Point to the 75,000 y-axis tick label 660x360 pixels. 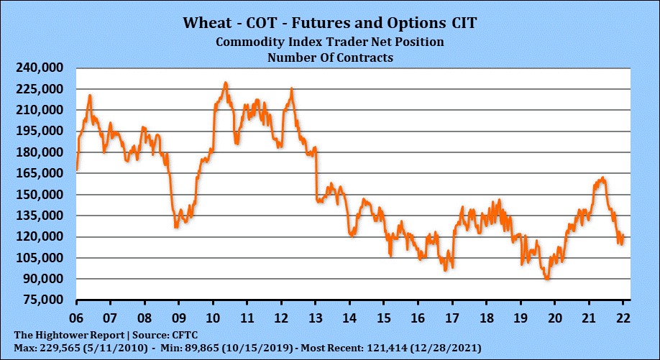pyautogui.click(x=42, y=300)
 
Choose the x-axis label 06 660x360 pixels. pyautogui.click(x=76, y=317)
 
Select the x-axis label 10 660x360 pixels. pyautogui.click(x=213, y=317)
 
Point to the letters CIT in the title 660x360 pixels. pyautogui.click(x=462, y=22)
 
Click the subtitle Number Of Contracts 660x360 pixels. pyautogui.click(x=330, y=57)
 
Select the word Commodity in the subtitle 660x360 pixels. pyautogui.click(x=249, y=42)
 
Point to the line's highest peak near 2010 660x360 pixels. pyautogui.click(x=226, y=83)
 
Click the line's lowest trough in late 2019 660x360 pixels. pyautogui.click(x=548, y=279)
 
